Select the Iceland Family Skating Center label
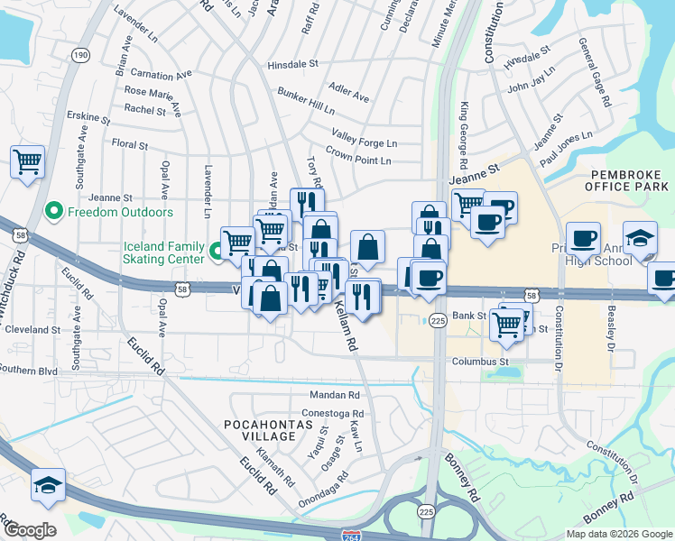click(164, 252)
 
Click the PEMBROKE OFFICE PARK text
click(629, 179)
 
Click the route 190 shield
click(81, 55)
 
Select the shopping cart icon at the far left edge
click(27, 163)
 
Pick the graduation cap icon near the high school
click(640, 239)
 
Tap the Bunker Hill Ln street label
click(306, 101)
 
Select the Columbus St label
click(475, 362)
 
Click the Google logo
click(30, 529)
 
